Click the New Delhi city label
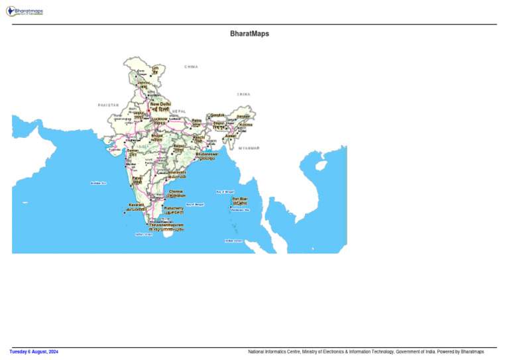pyautogui.click(x=160, y=104)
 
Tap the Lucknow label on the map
pyautogui.click(x=160, y=119)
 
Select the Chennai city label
pyautogui.click(x=176, y=192)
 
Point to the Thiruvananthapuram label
pyautogui.click(x=166, y=225)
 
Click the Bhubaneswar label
pyautogui.click(x=207, y=154)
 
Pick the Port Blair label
pyautogui.click(x=239, y=199)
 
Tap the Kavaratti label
pyautogui.click(x=137, y=205)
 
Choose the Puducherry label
pyautogui.click(x=174, y=208)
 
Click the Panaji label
pyautogui.click(x=137, y=178)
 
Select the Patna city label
pyautogui.click(x=196, y=121)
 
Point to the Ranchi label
pyautogui.click(x=198, y=137)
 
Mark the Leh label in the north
pyautogui.click(x=155, y=68)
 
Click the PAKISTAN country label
pyautogui.click(x=108, y=105)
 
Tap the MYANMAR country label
pyautogui.click(x=249, y=148)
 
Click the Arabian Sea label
pyautogui.click(x=98, y=183)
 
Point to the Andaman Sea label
pyautogui.click(x=240, y=210)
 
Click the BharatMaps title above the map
pyautogui.click(x=249, y=33)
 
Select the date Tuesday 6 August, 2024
pyautogui.click(x=34, y=351)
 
